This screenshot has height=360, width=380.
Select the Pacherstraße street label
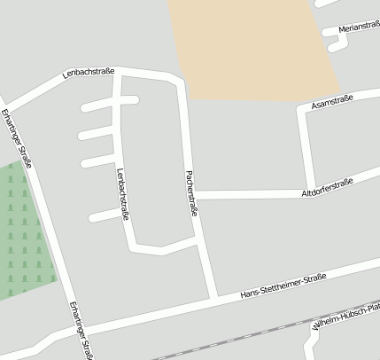[x=190, y=193]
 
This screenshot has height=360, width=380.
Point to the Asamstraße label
[x=332, y=103]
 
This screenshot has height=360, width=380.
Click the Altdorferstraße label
[x=327, y=187]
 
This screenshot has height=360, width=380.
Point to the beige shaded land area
[x=248, y=44]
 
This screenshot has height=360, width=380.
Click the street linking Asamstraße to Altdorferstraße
[x=306, y=146]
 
